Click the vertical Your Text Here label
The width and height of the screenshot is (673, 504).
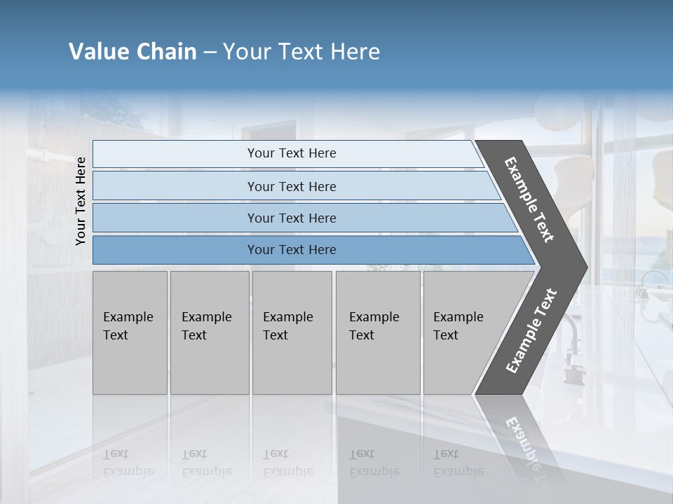point(81,201)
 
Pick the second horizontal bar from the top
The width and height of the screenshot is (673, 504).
point(292,186)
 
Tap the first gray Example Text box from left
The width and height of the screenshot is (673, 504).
point(130,332)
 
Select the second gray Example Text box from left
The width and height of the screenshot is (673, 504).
point(210,332)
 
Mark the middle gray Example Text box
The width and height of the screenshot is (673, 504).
point(292,332)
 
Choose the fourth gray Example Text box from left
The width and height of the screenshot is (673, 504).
point(378,332)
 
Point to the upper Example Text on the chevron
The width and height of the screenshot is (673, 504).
point(529,199)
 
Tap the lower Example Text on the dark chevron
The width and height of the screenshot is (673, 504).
point(531,331)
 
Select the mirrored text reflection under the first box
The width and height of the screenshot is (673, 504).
point(128,463)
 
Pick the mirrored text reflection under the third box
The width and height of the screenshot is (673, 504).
point(287,463)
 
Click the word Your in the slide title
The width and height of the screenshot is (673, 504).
point(246,52)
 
